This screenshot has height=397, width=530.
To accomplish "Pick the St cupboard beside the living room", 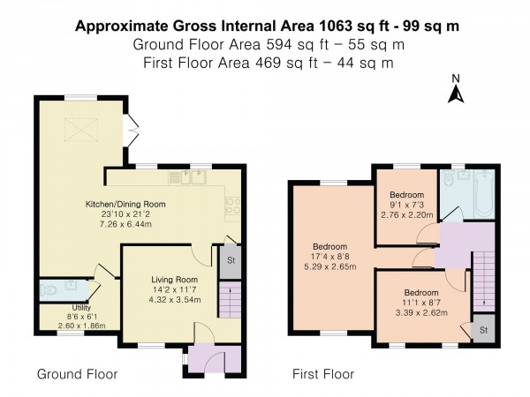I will pyautogui.click(x=231, y=262).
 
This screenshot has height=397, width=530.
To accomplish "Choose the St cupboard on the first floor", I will pyautogui.click(x=484, y=330).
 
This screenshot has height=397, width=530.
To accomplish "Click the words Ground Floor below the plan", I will pyautogui.click(x=77, y=374).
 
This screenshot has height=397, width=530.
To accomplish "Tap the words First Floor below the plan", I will pyautogui.click(x=323, y=374).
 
